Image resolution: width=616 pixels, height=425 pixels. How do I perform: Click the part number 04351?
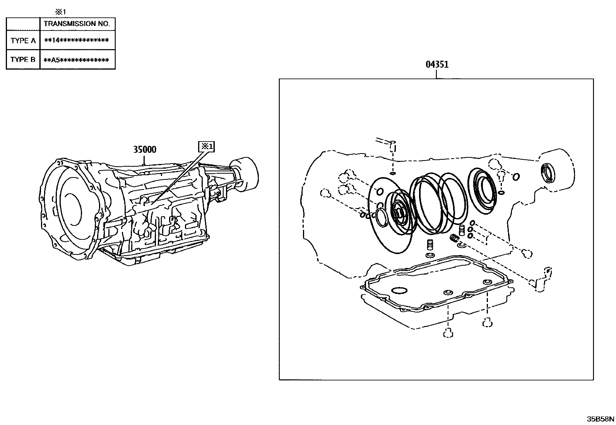tap(437, 65)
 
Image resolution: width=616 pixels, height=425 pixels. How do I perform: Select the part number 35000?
tap(145, 149)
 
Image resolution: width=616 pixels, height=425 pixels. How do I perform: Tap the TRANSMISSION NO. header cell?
tap(77, 24)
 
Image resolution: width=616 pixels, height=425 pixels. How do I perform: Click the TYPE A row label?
tap(23, 41)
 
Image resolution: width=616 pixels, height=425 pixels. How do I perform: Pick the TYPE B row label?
tap(23, 60)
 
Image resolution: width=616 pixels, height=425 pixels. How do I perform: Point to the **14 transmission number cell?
tap(77, 41)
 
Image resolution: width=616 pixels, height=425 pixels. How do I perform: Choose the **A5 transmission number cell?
tap(77, 60)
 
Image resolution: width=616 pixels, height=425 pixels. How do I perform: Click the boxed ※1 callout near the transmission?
tap(206, 147)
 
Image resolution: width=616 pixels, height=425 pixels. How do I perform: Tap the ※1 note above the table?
tap(61, 12)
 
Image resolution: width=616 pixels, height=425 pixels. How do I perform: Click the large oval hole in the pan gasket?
tap(399, 290)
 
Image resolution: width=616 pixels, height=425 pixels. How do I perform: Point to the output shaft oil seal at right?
tap(549, 172)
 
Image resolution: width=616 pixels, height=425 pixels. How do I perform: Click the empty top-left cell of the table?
tap(23, 24)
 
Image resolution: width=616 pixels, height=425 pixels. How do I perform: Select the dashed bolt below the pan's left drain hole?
tap(448, 333)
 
